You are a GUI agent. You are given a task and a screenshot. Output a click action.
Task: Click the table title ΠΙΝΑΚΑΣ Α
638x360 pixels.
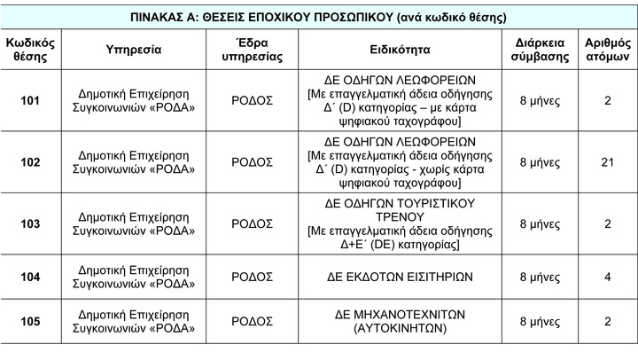coord(318,17)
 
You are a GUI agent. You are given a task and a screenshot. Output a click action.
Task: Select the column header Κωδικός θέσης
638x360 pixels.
coord(30,50)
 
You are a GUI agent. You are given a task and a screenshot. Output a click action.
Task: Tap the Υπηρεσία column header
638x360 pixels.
coord(134,50)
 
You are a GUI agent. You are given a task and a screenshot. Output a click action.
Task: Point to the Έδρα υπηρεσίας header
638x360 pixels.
coord(252,50)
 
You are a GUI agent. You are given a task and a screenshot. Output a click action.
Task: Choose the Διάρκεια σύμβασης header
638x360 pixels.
coord(540,50)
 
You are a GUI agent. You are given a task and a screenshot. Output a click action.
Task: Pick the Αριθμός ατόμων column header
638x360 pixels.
coord(607,50)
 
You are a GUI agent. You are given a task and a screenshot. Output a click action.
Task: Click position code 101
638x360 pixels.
coord(30,100)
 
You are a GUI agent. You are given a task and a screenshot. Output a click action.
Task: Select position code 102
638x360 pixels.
coord(30,161)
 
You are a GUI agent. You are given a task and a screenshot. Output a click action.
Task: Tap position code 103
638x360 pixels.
coord(30,223)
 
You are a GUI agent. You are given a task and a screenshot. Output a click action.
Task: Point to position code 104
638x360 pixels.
coord(30,277)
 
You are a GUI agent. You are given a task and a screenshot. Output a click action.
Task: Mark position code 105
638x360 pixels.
coord(30,321)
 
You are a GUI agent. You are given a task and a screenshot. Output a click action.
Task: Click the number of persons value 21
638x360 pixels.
coord(607,161)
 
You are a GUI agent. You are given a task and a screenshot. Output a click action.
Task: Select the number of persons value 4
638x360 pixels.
coord(607,277)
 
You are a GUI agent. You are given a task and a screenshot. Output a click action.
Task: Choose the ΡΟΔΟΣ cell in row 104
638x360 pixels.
coord(252,277)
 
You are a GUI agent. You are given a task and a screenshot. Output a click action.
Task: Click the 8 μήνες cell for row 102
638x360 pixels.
coord(540,161)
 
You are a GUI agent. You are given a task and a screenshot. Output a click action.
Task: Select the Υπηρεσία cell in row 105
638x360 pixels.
coord(134,321)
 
